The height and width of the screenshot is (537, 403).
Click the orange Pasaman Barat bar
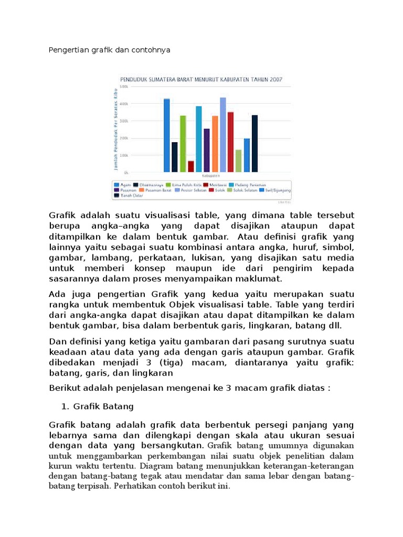(x=215, y=144)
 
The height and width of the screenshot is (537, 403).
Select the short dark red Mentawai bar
(x=191, y=166)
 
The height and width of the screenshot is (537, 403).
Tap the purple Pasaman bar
(x=207, y=150)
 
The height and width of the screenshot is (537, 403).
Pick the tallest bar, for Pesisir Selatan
(x=223, y=135)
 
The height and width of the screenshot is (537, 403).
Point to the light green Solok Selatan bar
(x=239, y=160)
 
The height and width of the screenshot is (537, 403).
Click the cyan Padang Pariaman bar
(x=199, y=139)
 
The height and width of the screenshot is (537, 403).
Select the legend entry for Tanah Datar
(x=124, y=195)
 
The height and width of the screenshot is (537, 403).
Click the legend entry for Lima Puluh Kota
(x=183, y=185)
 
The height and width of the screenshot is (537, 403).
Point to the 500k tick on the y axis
(x=124, y=87)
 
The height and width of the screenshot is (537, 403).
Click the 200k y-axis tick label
(x=124, y=138)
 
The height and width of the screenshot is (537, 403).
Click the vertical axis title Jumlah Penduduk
(x=114, y=129)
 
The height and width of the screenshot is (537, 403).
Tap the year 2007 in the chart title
(x=276, y=80)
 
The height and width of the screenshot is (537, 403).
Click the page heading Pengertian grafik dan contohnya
(x=110, y=50)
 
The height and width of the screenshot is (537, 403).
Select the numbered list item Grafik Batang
(x=103, y=406)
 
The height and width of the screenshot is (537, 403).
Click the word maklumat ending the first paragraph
(x=258, y=278)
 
